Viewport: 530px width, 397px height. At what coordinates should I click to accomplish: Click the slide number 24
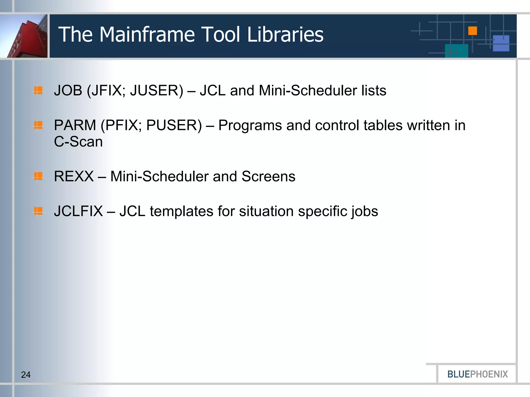click(x=26, y=375)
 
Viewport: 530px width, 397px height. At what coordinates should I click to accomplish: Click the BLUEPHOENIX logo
click(x=477, y=374)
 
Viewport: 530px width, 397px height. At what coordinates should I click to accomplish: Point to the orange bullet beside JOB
click(x=38, y=90)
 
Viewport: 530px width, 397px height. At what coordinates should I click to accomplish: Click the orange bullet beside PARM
click(x=38, y=125)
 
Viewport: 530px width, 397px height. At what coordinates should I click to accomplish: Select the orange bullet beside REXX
click(x=38, y=176)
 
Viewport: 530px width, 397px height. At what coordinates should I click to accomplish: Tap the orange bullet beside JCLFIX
click(x=38, y=211)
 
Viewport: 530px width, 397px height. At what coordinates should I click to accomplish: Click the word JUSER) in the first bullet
click(x=157, y=90)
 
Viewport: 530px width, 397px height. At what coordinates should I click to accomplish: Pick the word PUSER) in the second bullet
click(x=174, y=125)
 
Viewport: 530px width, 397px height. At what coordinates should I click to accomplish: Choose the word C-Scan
click(x=78, y=142)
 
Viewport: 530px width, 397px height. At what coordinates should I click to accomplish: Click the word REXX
click(x=74, y=176)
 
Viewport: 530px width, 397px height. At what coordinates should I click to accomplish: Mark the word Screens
click(x=268, y=176)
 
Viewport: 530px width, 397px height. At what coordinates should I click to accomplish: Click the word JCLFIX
click(x=78, y=211)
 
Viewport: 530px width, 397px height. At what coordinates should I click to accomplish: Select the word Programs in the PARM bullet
click(x=250, y=125)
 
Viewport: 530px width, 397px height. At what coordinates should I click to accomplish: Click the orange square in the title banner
click(x=473, y=31)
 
